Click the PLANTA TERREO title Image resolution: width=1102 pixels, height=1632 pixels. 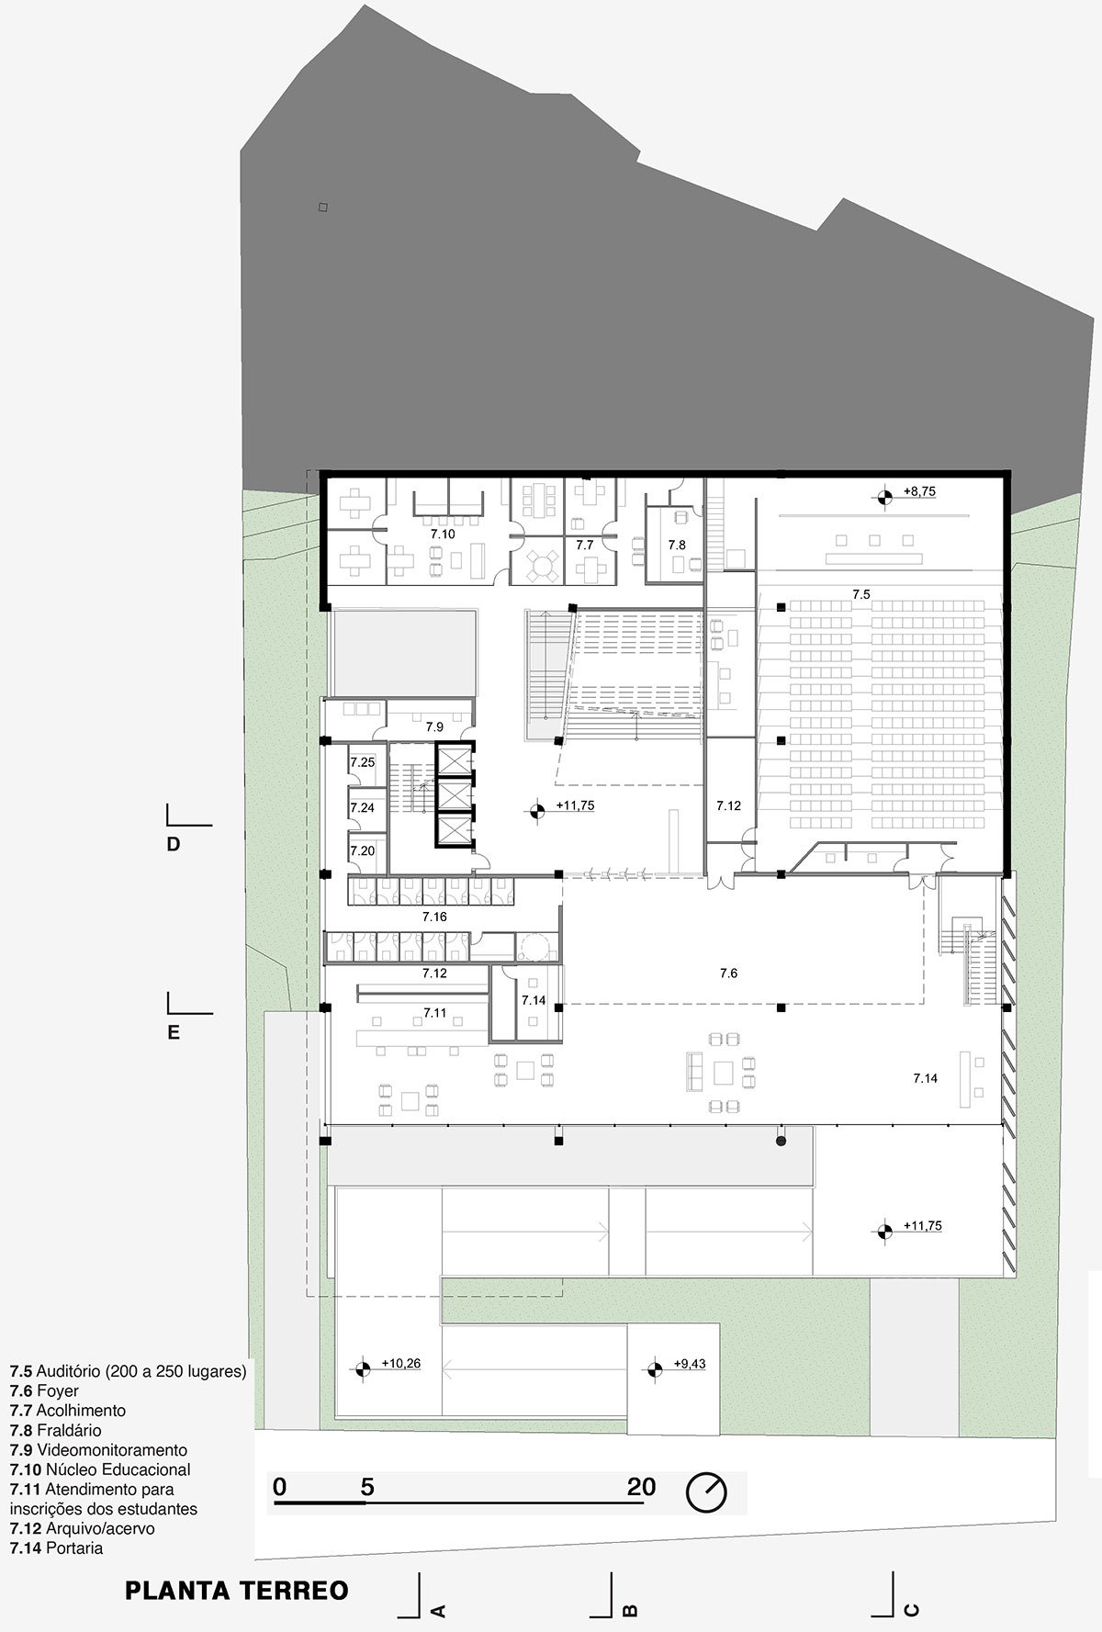pyautogui.click(x=237, y=1590)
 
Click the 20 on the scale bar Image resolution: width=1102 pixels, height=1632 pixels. pyautogui.click(x=642, y=1486)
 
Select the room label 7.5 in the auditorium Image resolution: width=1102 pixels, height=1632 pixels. pyautogui.click(x=860, y=594)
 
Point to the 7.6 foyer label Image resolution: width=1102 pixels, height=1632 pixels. pyautogui.click(x=728, y=973)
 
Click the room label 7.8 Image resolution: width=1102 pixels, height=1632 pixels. pyautogui.click(x=677, y=545)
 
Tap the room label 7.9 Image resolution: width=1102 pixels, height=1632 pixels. pyautogui.click(x=434, y=726)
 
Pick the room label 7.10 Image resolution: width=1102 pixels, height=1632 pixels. pyautogui.click(x=443, y=533)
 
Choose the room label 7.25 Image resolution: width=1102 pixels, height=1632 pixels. pyautogui.click(x=363, y=762)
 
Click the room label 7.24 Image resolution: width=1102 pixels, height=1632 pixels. pyautogui.click(x=363, y=807)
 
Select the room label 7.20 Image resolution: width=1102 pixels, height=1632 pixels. pyautogui.click(x=363, y=850)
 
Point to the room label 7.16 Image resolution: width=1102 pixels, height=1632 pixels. pyautogui.click(x=434, y=917)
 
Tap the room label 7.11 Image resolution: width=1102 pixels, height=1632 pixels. pyautogui.click(x=435, y=1012)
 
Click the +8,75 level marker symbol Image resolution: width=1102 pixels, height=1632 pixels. pyautogui.click(x=884, y=497)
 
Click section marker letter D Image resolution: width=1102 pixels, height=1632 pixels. pyautogui.click(x=173, y=844)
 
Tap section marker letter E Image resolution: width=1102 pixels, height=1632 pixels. pyautogui.click(x=173, y=1032)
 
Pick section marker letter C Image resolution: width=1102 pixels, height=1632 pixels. pyautogui.click(x=912, y=1609)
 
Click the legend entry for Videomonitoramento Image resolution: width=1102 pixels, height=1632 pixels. pyautogui.click(x=98, y=1449)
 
